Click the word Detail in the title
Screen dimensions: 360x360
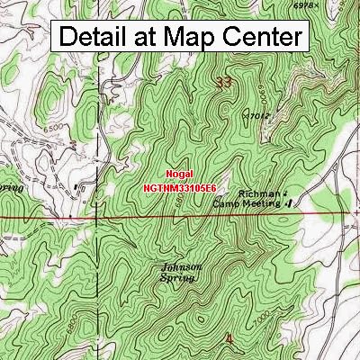(x=96, y=38)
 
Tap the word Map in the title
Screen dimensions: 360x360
(x=186, y=38)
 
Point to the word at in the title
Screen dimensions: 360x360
(x=148, y=38)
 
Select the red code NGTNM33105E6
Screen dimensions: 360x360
(x=180, y=188)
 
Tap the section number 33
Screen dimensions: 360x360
(x=225, y=84)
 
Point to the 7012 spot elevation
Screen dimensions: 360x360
(x=258, y=115)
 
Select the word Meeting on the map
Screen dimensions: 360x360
(x=263, y=203)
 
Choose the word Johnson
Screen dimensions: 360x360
(x=182, y=267)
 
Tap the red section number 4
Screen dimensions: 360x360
(x=228, y=337)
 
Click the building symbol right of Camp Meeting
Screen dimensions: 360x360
(x=289, y=203)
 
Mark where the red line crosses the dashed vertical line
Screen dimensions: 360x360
(x=96, y=218)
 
